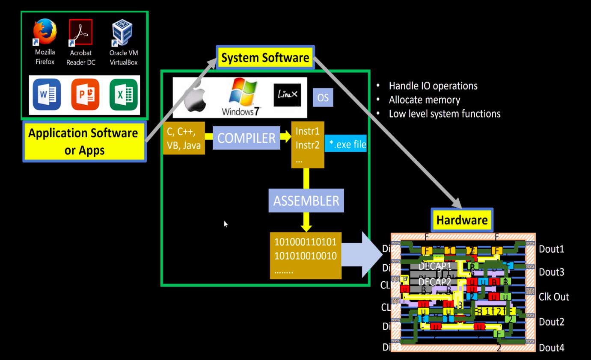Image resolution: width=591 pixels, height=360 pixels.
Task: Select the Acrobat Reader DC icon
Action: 80,32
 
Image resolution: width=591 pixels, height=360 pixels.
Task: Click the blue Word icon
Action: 47,94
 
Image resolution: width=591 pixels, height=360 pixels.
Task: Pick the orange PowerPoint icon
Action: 85,94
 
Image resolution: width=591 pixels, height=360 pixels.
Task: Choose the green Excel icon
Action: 124,94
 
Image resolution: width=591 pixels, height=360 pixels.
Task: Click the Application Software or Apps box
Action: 84,142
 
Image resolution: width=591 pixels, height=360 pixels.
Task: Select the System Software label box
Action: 265,58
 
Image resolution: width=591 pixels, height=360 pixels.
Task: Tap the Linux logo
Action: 287,95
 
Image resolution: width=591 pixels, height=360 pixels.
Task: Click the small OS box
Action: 323,98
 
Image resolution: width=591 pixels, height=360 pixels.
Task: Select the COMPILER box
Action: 246,138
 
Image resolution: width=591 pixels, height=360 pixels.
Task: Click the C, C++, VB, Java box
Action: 184,138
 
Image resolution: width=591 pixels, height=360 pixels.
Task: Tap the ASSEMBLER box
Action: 306,201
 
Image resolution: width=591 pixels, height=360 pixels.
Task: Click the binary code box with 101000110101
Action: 305,256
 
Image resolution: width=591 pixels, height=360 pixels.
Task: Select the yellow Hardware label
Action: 462,220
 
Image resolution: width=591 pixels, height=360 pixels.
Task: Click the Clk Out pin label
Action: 554,297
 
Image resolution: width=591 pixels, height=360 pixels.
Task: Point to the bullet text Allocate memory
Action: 424,100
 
